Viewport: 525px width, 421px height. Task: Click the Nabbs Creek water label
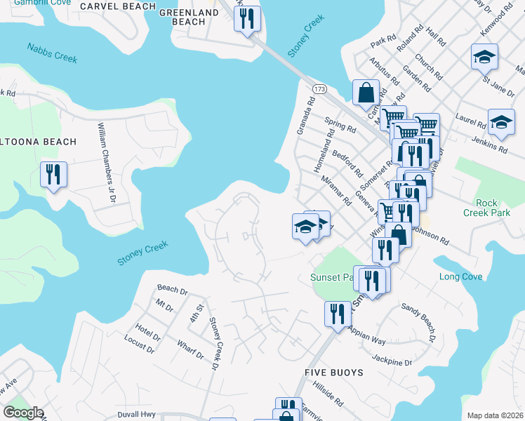pos(52,53)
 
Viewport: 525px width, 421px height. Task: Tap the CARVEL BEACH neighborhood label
pos(117,6)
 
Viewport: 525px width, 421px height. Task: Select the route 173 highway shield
pos(319,89)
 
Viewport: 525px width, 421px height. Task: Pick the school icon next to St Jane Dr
pos(484,56)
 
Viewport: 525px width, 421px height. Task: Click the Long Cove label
pos(460,276)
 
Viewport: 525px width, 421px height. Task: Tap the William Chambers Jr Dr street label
pos(106,162)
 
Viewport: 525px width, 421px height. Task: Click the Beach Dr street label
pos(172,289)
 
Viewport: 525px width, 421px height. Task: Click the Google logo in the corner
pos(22,413)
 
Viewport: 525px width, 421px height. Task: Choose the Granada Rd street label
pos(307,112)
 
